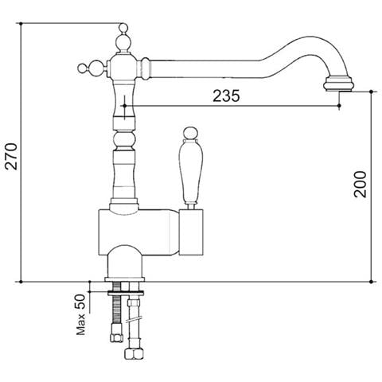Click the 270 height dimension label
(x=12, y=157)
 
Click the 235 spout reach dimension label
(x=226, y=95)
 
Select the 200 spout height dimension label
(x=360, y=185)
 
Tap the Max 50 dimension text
(x=81, y=314)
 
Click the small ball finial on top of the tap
(x=123, y=27)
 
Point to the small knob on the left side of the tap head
(x=82, y=68)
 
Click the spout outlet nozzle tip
(x=339, y=84)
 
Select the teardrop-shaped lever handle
(x=191, y=171)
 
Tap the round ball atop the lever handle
(x=191, y=134)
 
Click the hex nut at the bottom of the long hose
(x=134, y=353)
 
